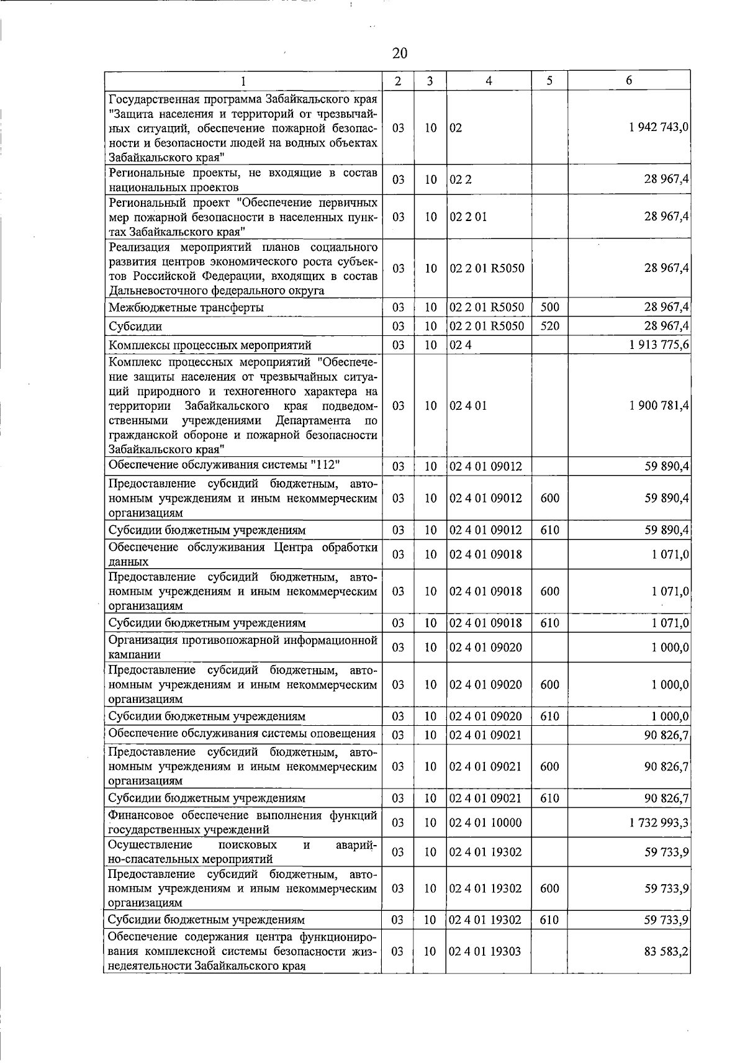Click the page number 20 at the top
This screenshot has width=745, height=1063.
pos(400,53)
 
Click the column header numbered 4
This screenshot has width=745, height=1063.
pos(489,81)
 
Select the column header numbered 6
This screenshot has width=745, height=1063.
pos(629,81)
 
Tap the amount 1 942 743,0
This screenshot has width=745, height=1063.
pos(659,127)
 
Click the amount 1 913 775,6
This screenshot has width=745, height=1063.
pos(659,345)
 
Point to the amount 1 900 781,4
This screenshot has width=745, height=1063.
pos(659,405)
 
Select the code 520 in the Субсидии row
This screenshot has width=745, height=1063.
pos(549,326)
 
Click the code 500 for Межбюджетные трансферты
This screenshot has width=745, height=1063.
pos(549,307)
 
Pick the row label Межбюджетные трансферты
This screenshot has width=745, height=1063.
pos(186,307)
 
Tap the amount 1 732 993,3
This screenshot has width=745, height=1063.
pos(659,823)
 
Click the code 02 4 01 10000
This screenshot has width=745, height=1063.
pos(485,823)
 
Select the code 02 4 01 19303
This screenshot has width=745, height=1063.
pos(485,951)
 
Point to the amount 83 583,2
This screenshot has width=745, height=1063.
pos(666,951)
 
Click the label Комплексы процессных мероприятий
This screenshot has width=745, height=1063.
pos(210,345)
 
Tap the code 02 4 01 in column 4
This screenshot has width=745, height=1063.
pos(468,405)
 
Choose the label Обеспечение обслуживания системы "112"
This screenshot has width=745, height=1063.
pos(224,465)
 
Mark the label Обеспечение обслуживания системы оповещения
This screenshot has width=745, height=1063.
pos(242,733)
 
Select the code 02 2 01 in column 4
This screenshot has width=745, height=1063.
pos(468,217)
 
